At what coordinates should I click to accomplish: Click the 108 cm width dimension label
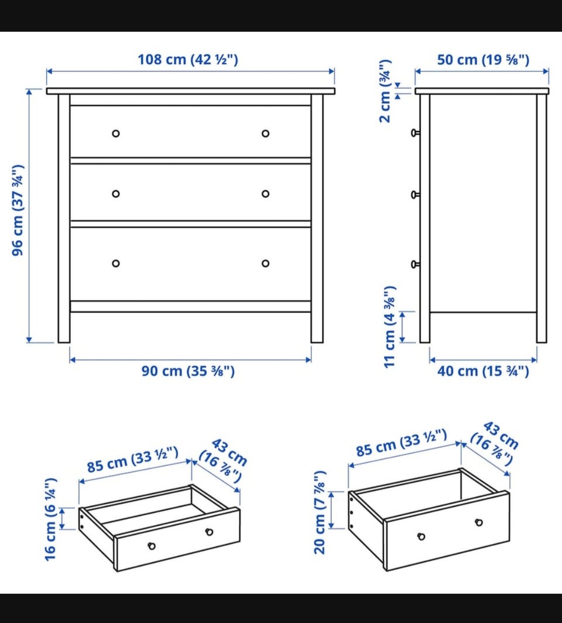(188, 60)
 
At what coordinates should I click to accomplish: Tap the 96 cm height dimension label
(18, 210)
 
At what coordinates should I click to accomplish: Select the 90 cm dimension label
(188, 371)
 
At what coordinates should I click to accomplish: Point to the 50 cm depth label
(483, 60)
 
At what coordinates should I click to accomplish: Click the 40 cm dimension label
(483, 371)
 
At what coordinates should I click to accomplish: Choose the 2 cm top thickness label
(386, 91)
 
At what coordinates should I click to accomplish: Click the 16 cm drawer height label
(51, 519)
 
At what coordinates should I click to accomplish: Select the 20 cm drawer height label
(320, 512)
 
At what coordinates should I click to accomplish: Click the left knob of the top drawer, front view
(115, 133)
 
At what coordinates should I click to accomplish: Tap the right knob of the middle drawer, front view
(265, 194)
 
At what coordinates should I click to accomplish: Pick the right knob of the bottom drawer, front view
(265, 263)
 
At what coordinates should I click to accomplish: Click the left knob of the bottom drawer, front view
(115, 263)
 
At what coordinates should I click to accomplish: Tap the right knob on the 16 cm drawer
(210, 532)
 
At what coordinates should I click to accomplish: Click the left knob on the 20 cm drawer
(421, 537)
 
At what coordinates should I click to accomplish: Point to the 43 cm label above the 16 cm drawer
(223, 461)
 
